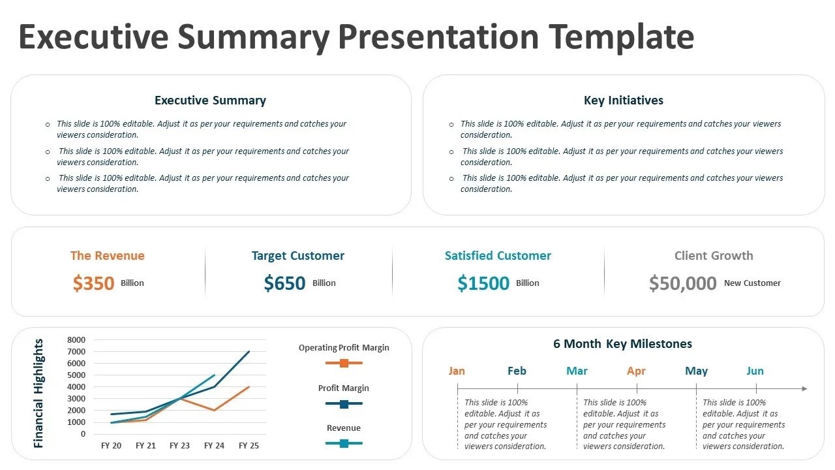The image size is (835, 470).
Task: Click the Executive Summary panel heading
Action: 210,101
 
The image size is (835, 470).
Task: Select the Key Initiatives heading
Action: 623,101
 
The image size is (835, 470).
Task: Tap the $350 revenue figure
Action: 94,283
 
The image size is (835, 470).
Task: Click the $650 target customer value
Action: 284,283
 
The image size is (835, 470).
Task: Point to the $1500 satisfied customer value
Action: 483,283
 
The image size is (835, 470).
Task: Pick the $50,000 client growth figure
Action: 682,283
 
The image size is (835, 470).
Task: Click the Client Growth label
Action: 714,256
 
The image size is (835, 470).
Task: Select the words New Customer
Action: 752,283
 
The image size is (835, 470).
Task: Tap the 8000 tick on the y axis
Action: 76,340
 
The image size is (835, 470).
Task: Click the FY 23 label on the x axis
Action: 180,446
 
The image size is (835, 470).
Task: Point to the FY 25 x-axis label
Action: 249,446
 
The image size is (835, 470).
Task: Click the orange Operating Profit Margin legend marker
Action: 344,363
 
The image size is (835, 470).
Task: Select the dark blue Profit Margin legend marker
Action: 344,404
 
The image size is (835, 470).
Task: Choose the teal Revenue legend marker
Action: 344,444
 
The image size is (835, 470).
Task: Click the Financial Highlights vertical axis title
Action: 38,393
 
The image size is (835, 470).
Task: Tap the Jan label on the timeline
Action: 457,371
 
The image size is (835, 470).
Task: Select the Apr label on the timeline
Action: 636,371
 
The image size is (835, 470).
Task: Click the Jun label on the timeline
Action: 755,371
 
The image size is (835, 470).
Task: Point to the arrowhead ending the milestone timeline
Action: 804,389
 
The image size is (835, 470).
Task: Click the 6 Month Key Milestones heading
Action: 622,344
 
